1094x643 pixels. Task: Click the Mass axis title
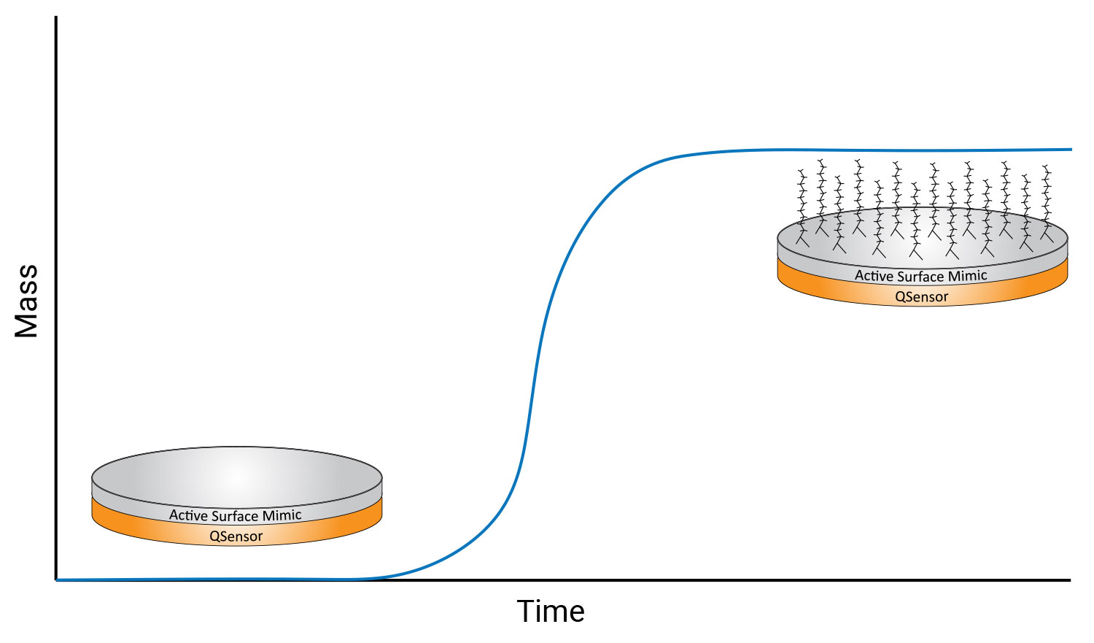(x=26, y=301)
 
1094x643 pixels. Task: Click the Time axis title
(x=551, y=611)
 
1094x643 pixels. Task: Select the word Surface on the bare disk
(x=236, y=515)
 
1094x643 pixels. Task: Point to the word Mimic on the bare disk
(x=282, y=515)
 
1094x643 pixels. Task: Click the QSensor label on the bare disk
(x=236, y=536)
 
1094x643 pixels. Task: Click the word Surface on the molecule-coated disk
(x=921, y=277)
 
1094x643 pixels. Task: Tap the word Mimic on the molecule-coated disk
(x=968, y=276)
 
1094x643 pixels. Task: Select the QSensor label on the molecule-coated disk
(x=922, y=296)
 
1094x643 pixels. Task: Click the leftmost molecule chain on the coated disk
(x=802, y=208)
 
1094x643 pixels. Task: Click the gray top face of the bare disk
(x=237, y=477)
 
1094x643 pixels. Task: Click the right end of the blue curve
(x=1071, y=149)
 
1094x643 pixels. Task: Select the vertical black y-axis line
(x=56, y=298)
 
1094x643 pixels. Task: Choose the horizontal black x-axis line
(x=563, y=580)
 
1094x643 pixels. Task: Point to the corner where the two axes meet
(x=56, y=580)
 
